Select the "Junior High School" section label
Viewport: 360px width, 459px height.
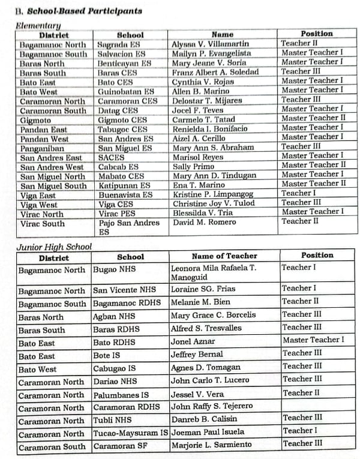[55, 247]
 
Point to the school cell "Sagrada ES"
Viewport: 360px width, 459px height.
[117, 44]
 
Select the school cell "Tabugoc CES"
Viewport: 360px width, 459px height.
[122, 128]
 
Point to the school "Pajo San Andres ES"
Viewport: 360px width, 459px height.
[128, 227]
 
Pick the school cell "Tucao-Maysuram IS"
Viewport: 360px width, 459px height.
[130, 432]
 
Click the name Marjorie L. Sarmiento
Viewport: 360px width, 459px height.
[211, 445]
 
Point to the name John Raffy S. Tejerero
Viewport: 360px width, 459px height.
[212, 406]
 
